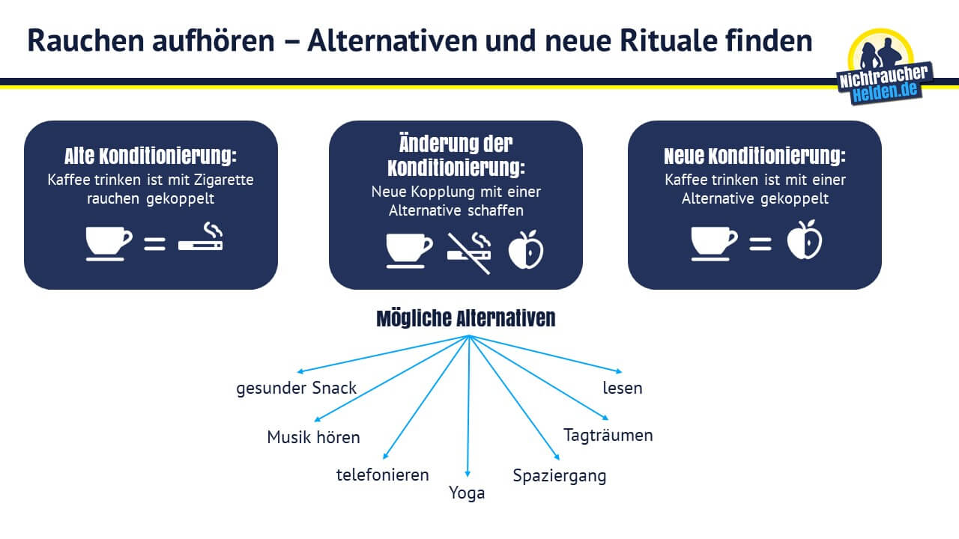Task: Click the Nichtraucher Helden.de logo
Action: click(x=885, y=67)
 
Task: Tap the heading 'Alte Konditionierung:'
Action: click(x=151, y=156)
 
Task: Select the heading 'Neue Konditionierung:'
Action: click(x=754, y=156)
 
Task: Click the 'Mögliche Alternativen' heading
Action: click(x=466, y=319)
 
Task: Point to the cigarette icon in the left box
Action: click(x=201, y=236)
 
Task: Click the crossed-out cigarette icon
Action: click(x=469, y=253)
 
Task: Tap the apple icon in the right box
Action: click(x=805, y=240)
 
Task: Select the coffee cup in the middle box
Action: click(x=409, y=251)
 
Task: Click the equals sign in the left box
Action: click(x=154, y=244)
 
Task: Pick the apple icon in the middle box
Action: click(x=526, y=250)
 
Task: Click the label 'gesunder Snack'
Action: click(x=296, y=389)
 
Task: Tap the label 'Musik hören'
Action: click(x=313, y=437)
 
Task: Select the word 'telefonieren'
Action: click(x=382, y=475)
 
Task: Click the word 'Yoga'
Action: click(x=467, y=493)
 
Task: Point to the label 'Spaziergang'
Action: click(x=560, y=476)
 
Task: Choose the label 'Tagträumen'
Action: click(x=608, y=436)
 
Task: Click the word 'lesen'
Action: click(x=623, y=388)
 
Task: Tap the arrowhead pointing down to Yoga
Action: click(x=468, y=474)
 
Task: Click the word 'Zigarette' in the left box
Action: click(x=224, y=180)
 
